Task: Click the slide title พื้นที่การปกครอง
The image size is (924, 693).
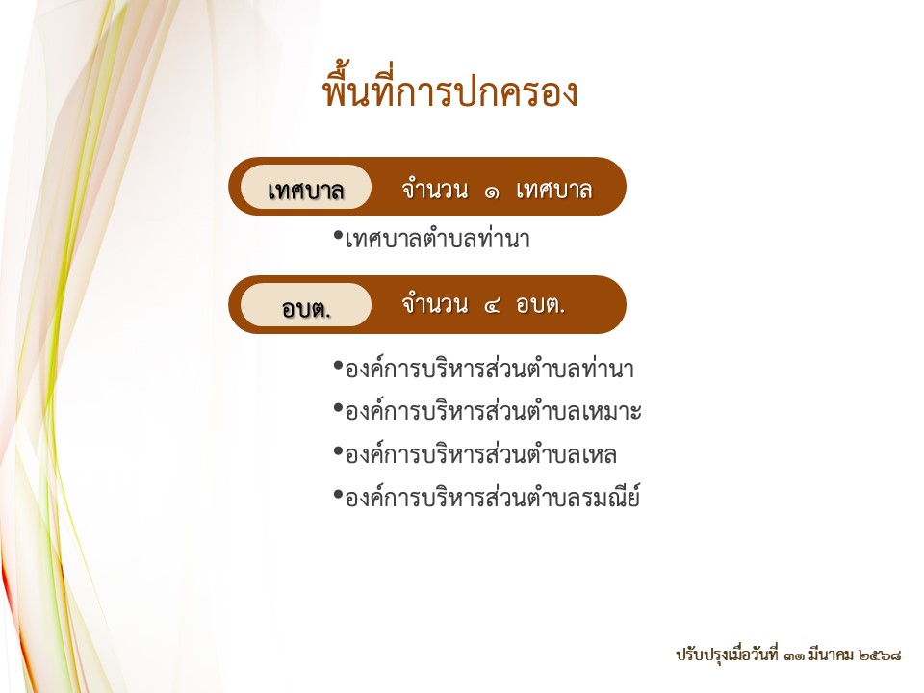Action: coord(450,91)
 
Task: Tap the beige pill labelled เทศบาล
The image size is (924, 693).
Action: coord(306,187)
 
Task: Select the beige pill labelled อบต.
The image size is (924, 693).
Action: coord(306,305)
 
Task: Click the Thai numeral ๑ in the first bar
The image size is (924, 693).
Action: coord(492,192)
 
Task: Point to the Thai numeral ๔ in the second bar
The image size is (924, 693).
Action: coord(492,306)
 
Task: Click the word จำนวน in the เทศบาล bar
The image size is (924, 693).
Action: coord(435,190)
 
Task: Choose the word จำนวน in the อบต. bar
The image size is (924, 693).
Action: coord(435,304)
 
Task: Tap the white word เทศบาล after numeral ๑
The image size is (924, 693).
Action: coord(554,191)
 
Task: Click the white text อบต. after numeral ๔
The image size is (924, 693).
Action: coord(540,305)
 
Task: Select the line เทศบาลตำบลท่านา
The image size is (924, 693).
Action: coord(438,239)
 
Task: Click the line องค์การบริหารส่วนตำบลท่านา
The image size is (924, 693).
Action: coord(490,368)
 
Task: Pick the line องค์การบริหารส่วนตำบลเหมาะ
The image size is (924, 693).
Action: coord(493,411)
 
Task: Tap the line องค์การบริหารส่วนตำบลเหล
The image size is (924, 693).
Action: coord(481,454)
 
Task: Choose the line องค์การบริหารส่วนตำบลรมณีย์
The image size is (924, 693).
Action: coord(493,497)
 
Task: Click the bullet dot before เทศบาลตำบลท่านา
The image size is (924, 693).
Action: coord(338,236)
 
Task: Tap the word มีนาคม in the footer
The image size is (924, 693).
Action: coord(831,654)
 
